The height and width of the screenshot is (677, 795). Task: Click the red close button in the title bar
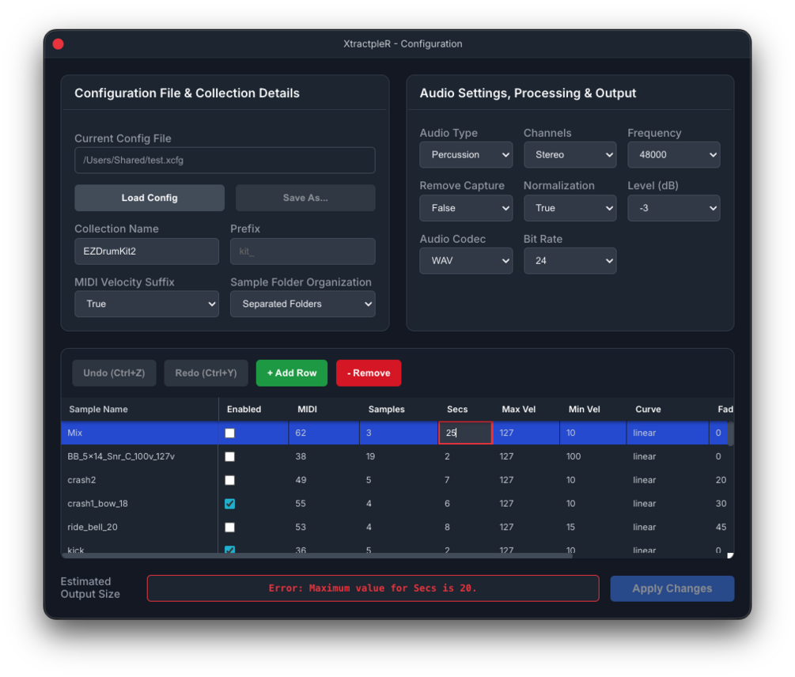click(x=58, y=44)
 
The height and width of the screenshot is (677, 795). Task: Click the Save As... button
click(x=305, y=198)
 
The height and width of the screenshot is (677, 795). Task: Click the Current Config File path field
click(x=225, y=160)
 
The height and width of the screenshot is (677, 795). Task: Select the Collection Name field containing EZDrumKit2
click(x=146, y=252)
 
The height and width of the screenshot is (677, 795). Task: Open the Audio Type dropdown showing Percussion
click(x=466, y=155)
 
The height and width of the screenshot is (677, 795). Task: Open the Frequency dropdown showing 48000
click(x=673, y=155)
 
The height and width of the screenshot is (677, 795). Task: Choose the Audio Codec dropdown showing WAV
click(x=466, y=261)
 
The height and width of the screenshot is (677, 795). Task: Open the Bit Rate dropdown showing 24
click(x=570, y=261)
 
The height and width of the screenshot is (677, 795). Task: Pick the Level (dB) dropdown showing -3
click(x=673, y=208)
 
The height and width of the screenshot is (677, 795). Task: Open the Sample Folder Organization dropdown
click(x=302, y=304)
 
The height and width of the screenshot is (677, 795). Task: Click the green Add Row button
click(x=292, y=373)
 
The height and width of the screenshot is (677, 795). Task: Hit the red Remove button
click(x=369, y=373)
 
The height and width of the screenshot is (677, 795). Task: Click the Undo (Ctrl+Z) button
click(x=114, y=373)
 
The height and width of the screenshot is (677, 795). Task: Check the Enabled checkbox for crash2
click(x=230, y=480)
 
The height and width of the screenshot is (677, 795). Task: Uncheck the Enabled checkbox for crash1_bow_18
click(x=230, y=504)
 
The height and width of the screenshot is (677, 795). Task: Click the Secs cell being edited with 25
click(x=465, y=433)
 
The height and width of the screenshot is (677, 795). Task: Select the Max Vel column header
click(x=519, y=410)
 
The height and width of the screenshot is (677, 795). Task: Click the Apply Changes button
click(x=672, y=588)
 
